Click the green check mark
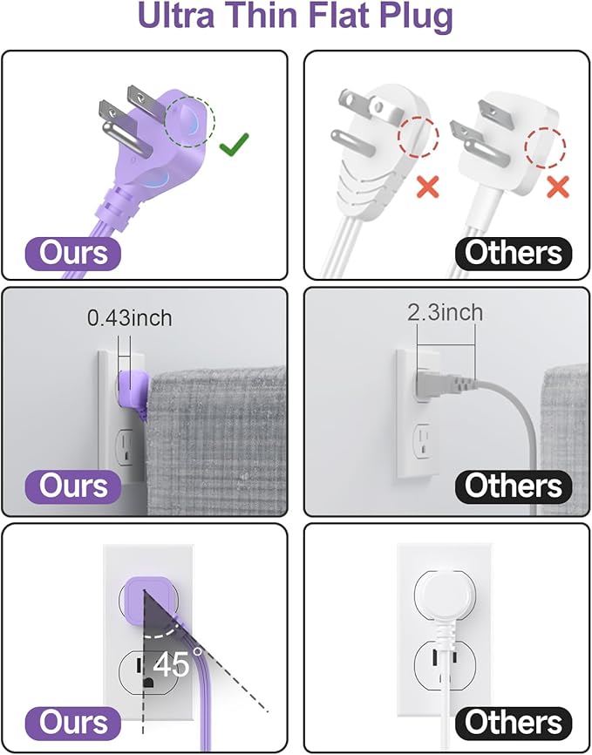click(x=235, y=145)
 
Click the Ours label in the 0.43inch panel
click(x=73, y=486)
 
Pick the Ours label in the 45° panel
click(x=73, y=723)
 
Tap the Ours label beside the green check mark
click(x=73, y=253)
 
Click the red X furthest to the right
click(x=557, y=185)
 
